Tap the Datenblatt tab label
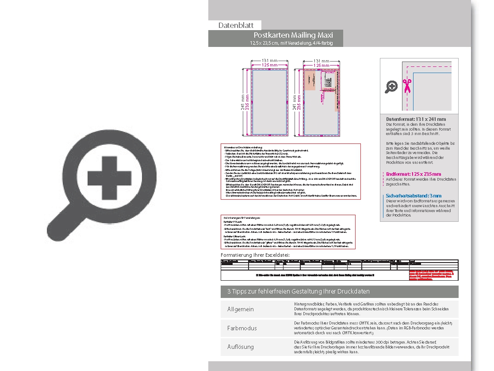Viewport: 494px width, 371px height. coord(236,26)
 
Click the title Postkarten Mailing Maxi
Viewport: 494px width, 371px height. coord(293,35)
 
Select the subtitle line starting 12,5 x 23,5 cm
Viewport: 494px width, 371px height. coord(291,43)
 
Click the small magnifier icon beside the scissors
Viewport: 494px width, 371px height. coord(391,87)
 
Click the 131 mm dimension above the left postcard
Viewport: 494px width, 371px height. coord(270,61)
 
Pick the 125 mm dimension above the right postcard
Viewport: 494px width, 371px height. coord(322,66)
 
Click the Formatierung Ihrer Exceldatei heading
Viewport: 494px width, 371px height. coord(255,255)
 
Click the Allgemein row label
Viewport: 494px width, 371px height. coord(241,309)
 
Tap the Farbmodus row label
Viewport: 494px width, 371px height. coord(242,328)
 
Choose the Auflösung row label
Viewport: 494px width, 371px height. coord(241,347)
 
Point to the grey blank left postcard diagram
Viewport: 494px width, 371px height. coord(270,102)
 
